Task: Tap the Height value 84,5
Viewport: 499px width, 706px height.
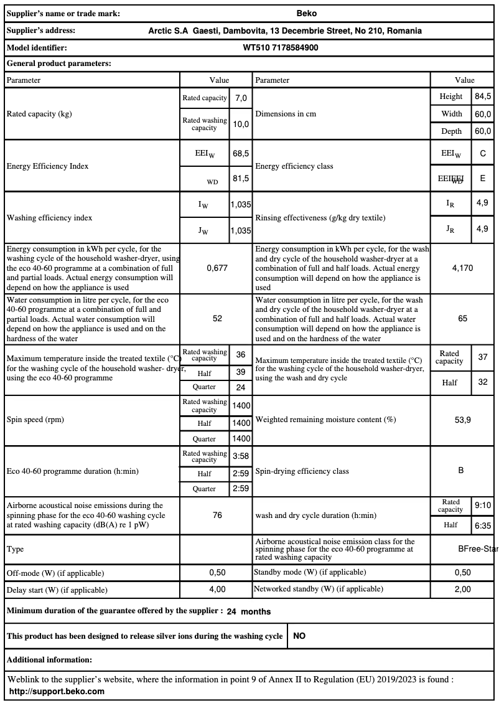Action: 483,96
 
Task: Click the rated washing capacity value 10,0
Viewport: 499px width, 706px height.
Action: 241,124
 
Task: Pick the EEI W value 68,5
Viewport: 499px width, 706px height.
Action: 241,153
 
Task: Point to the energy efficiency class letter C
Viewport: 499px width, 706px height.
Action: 483,153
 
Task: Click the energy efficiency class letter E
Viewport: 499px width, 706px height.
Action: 483,178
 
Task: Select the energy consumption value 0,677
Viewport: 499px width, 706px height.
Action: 217,268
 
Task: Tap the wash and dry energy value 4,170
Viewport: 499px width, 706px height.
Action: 462,268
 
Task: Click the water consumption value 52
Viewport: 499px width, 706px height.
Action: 217,318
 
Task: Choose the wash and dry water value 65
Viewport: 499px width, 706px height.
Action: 462,318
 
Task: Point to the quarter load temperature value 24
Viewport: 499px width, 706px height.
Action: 241,387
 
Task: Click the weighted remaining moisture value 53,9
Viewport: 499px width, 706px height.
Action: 462,420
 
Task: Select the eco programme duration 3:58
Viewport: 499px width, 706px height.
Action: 241,456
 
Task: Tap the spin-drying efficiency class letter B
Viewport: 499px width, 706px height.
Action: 461,471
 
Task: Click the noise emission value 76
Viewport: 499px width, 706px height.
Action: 217,515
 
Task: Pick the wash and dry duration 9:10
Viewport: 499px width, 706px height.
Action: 483,506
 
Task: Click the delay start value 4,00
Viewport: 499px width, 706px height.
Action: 217,589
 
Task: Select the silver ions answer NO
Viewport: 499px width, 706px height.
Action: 299,636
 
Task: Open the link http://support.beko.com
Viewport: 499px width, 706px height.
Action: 57,691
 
